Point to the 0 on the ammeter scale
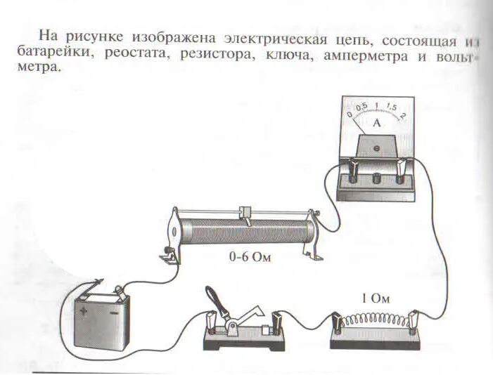coord(349,114)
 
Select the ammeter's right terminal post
coord(402,169)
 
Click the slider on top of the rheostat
coord(245,212)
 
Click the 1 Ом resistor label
coord(375,298)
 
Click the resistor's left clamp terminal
coord(338,324)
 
